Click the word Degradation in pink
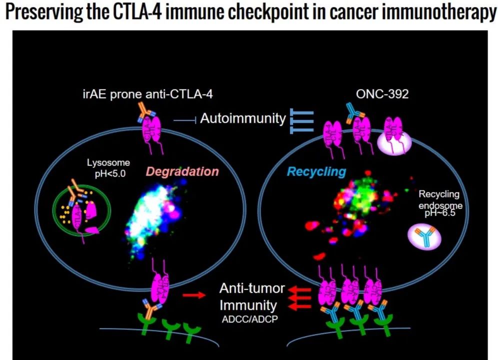182,171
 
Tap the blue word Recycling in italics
316,171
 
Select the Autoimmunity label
243,119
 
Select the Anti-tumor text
252,288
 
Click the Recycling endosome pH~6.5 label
440,205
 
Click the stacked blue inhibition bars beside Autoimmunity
301,121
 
